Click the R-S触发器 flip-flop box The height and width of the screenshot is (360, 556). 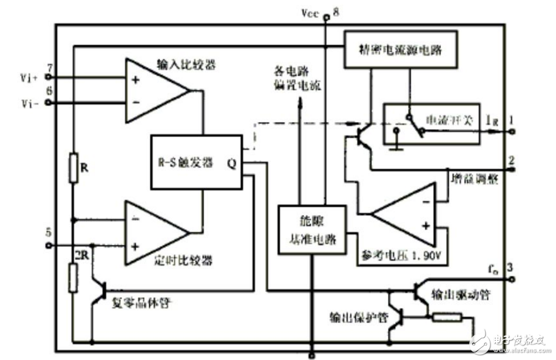[196, 162]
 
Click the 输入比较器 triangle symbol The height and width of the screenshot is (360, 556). [154, 90]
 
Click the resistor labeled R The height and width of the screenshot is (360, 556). [73, 167]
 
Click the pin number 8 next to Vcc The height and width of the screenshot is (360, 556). [336, 11]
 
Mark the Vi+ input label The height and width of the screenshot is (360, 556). [28, 77]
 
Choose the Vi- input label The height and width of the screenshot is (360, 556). [28, 103]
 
